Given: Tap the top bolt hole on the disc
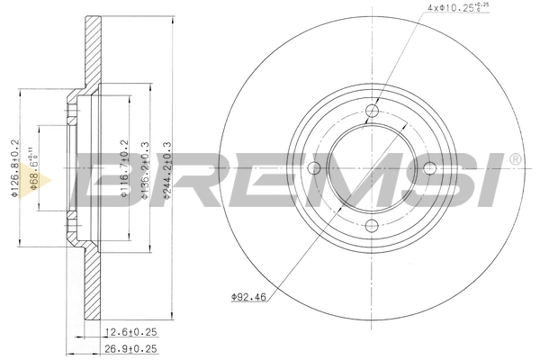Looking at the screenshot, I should tap(373, 111).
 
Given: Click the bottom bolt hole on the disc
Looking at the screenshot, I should tap(373, 226).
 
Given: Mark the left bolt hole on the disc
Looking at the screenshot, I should tap(315, 168).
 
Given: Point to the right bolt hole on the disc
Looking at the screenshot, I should tap(430, 168).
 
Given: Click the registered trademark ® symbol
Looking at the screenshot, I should tap(515, 160).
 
